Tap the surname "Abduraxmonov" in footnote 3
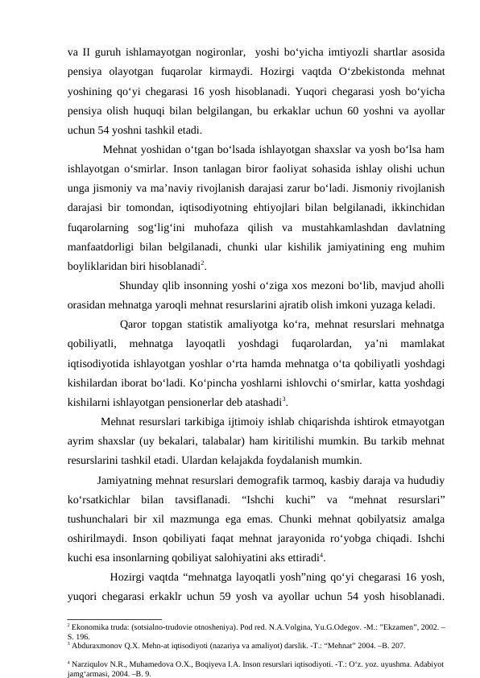coord(99,646)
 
